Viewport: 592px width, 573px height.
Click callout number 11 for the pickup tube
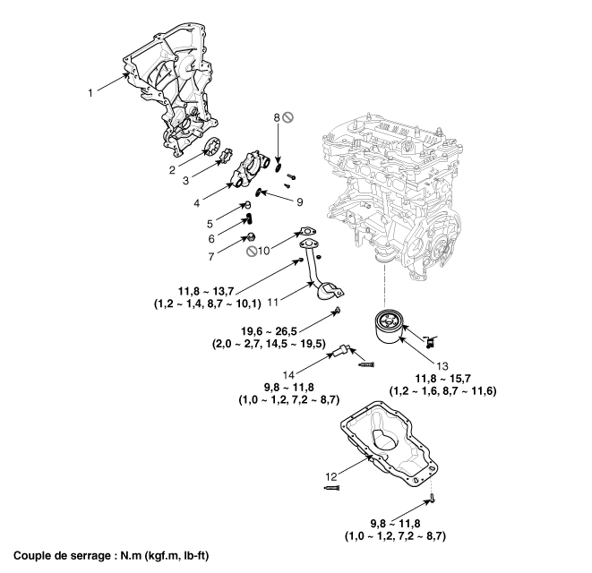tap(296, 293)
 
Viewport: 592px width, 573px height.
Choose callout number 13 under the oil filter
tap(440, 364)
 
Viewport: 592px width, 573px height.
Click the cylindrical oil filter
tap(392, 331)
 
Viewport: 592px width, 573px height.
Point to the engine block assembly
tap(394, 188)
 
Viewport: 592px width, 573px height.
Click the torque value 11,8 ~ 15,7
tap(443, 380)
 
